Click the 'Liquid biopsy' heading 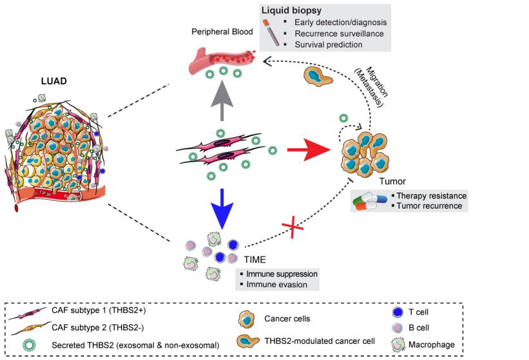(291, 12)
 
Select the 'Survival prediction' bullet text (329, 44)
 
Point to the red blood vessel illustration (219, 59)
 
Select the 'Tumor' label (393, 182)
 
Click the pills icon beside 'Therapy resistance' (370, 201)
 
